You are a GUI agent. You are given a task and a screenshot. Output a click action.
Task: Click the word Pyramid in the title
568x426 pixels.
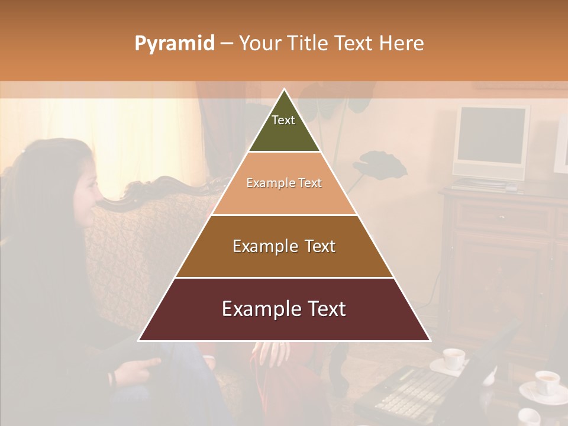[x=175, y=44]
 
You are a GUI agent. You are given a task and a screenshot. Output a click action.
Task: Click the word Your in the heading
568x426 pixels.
[x=260, y=44]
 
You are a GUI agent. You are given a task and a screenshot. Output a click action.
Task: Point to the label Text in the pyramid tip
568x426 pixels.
[x=283, y=120]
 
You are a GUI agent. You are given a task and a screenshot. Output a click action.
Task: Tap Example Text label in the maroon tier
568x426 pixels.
[x=284, y=309]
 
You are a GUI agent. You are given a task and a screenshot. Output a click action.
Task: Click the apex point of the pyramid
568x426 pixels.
[x=285, y=90]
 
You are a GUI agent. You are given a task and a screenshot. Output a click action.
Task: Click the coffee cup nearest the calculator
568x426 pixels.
[x=454, y=358]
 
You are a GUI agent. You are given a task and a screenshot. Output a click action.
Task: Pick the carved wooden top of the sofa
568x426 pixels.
[x=154, y=189]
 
